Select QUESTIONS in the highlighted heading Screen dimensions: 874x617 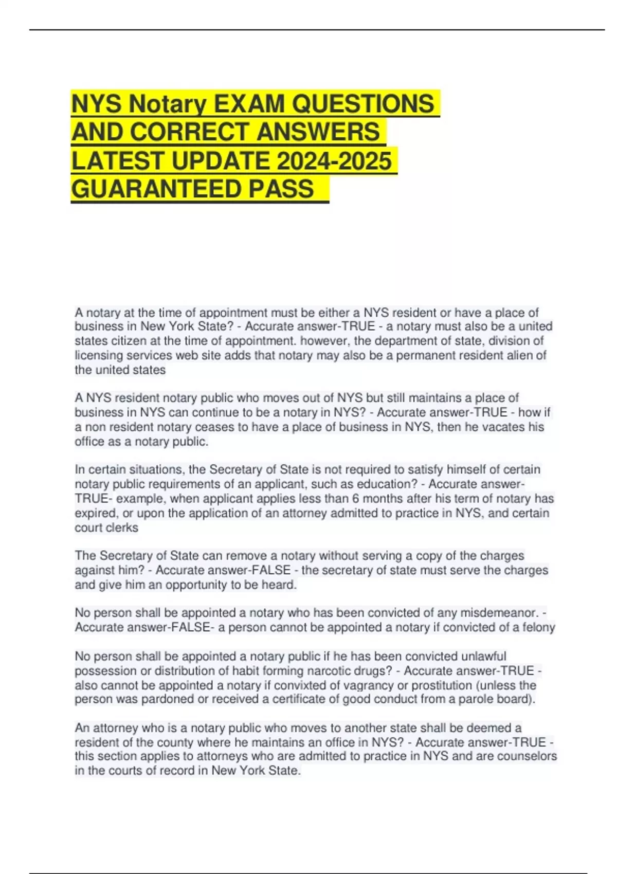(x=363, y=104)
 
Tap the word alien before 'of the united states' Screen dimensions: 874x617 (x=517, y=355)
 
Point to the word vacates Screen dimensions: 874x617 (x=486, y=427)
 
